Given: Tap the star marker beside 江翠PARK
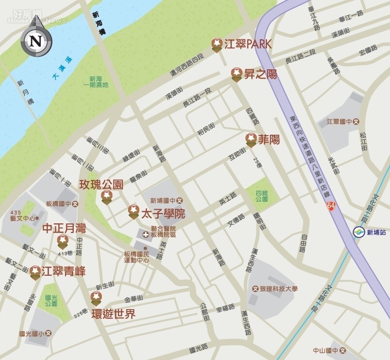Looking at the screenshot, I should [217, 45].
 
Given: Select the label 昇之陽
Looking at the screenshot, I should [260, 74].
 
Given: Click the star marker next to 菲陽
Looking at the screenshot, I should [251, 140].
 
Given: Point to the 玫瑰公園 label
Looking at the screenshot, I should [101, 185].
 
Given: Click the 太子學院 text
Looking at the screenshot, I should [162, 214].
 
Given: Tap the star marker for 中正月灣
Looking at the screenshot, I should [63, 240].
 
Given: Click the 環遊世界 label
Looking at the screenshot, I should [114, 314].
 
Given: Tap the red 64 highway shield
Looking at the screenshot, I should [331, 206].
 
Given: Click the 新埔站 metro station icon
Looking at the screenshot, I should [358, 233].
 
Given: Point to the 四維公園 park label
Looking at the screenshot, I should [261, 196].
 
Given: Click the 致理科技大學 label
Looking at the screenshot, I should [275, 289].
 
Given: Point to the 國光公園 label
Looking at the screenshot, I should [51, 300].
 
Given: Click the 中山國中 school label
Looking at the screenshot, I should [328, 350].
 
